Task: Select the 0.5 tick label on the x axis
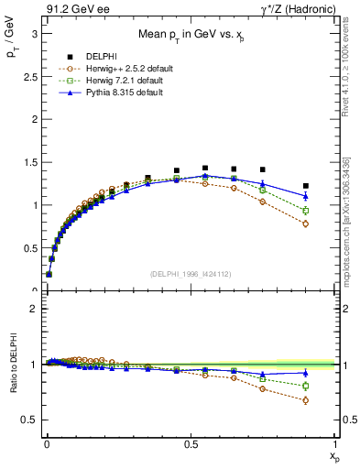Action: [191, 444]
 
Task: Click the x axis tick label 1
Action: [335, 444]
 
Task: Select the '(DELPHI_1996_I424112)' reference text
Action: [191, 274]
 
